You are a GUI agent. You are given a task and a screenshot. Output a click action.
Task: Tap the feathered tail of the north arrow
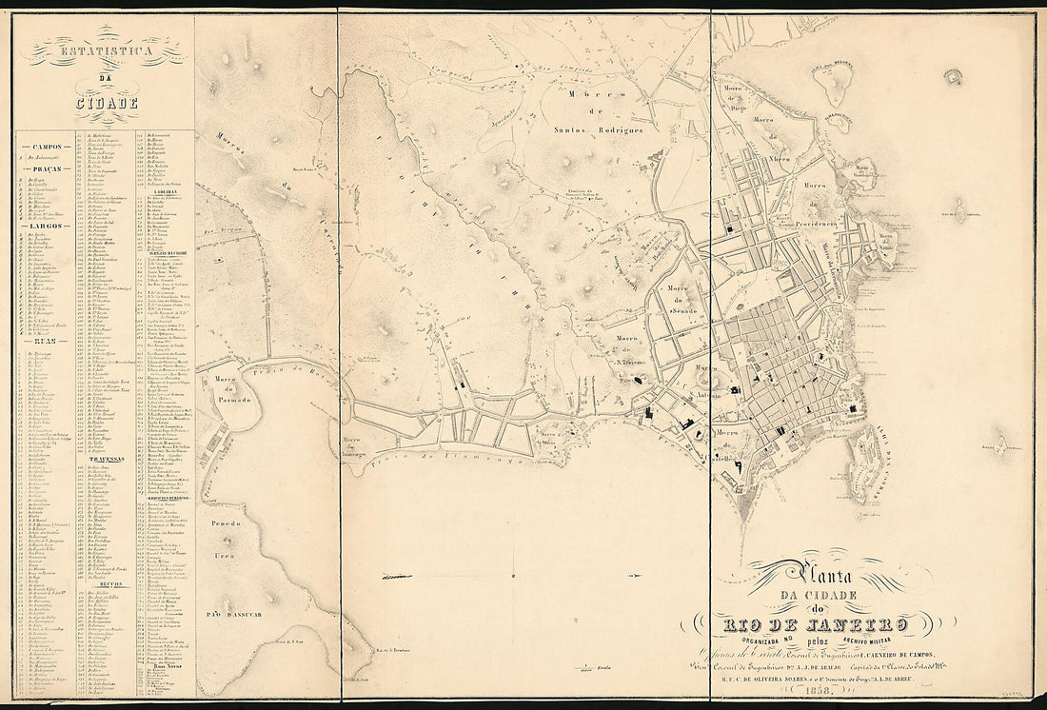click(x=392, y=577)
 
